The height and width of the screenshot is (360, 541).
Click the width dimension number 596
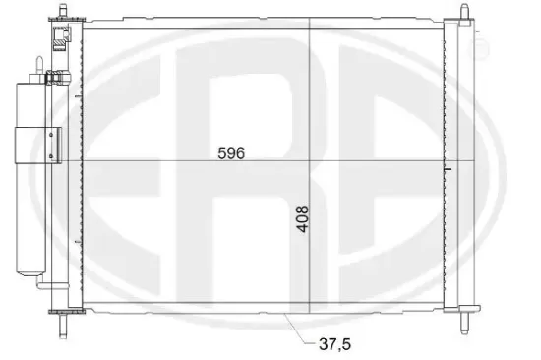point(231,152)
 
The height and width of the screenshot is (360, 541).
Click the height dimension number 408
point(303,219)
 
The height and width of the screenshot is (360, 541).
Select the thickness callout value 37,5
point(334,344)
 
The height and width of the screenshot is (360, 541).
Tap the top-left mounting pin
point(62,11)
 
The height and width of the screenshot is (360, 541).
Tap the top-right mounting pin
point(464,12)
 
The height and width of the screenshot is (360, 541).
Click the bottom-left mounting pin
point(62,326)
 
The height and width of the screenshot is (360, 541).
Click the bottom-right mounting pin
point(464,323)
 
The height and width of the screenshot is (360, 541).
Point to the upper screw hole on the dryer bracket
point(51,135)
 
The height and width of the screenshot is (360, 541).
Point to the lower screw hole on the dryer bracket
point(51,156)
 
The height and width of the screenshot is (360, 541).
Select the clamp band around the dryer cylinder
point(38,146)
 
